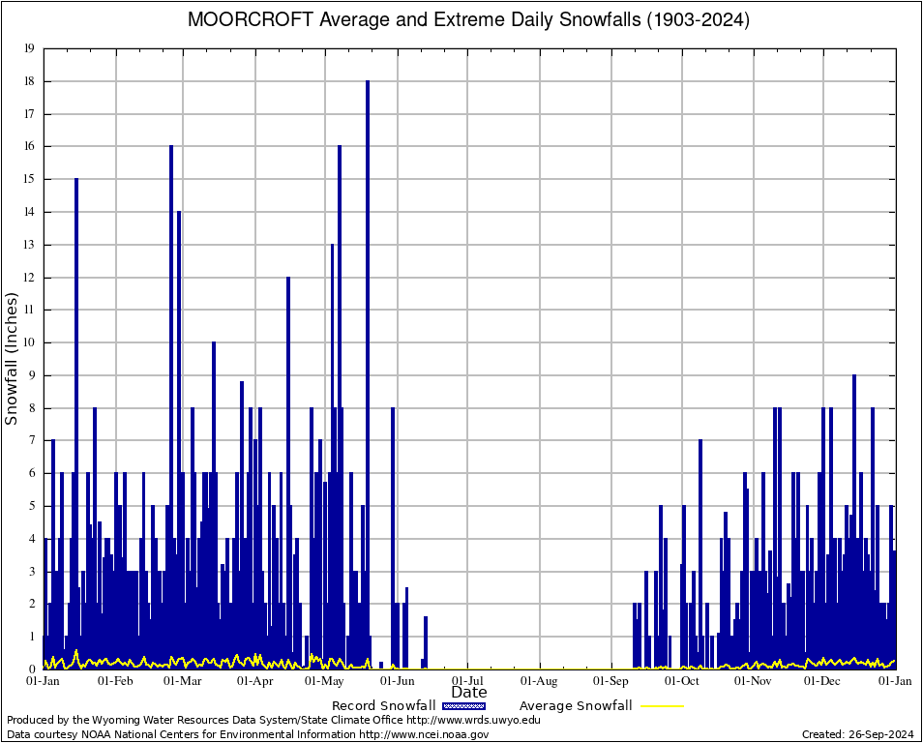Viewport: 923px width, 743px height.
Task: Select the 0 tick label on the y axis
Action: click(x=32, y=669)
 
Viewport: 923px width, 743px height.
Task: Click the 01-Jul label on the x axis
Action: click(x=467, y=681)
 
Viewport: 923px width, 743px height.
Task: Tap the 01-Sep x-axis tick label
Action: click(x=611, y=681)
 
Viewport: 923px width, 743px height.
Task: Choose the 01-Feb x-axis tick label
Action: click(x=115, y=681)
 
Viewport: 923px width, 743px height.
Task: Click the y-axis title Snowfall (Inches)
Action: click(x=13, y=358)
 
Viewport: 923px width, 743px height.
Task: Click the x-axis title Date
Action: click(x=469, y=693)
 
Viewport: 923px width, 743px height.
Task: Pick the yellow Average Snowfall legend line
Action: click(x=657, y=706)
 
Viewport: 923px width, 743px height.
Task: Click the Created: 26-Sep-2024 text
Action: click(x=857, y=734)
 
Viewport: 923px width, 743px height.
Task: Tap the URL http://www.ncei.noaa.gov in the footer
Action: click(x=424, y=734)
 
